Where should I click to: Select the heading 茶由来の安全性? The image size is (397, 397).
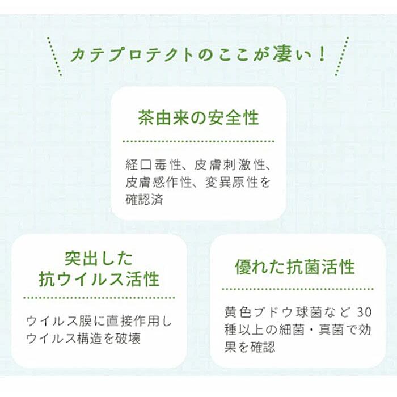tap(198, 118)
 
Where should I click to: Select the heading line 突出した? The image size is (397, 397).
tap(99, 259)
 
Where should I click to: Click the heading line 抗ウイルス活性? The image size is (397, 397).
tap(99, 279)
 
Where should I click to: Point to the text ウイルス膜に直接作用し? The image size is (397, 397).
tap(99, 321)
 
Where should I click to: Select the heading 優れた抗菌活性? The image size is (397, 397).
tap(295, 267)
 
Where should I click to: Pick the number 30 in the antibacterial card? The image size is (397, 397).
tap(365, 312)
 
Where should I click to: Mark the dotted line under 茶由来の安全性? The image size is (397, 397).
tap(198, 141)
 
